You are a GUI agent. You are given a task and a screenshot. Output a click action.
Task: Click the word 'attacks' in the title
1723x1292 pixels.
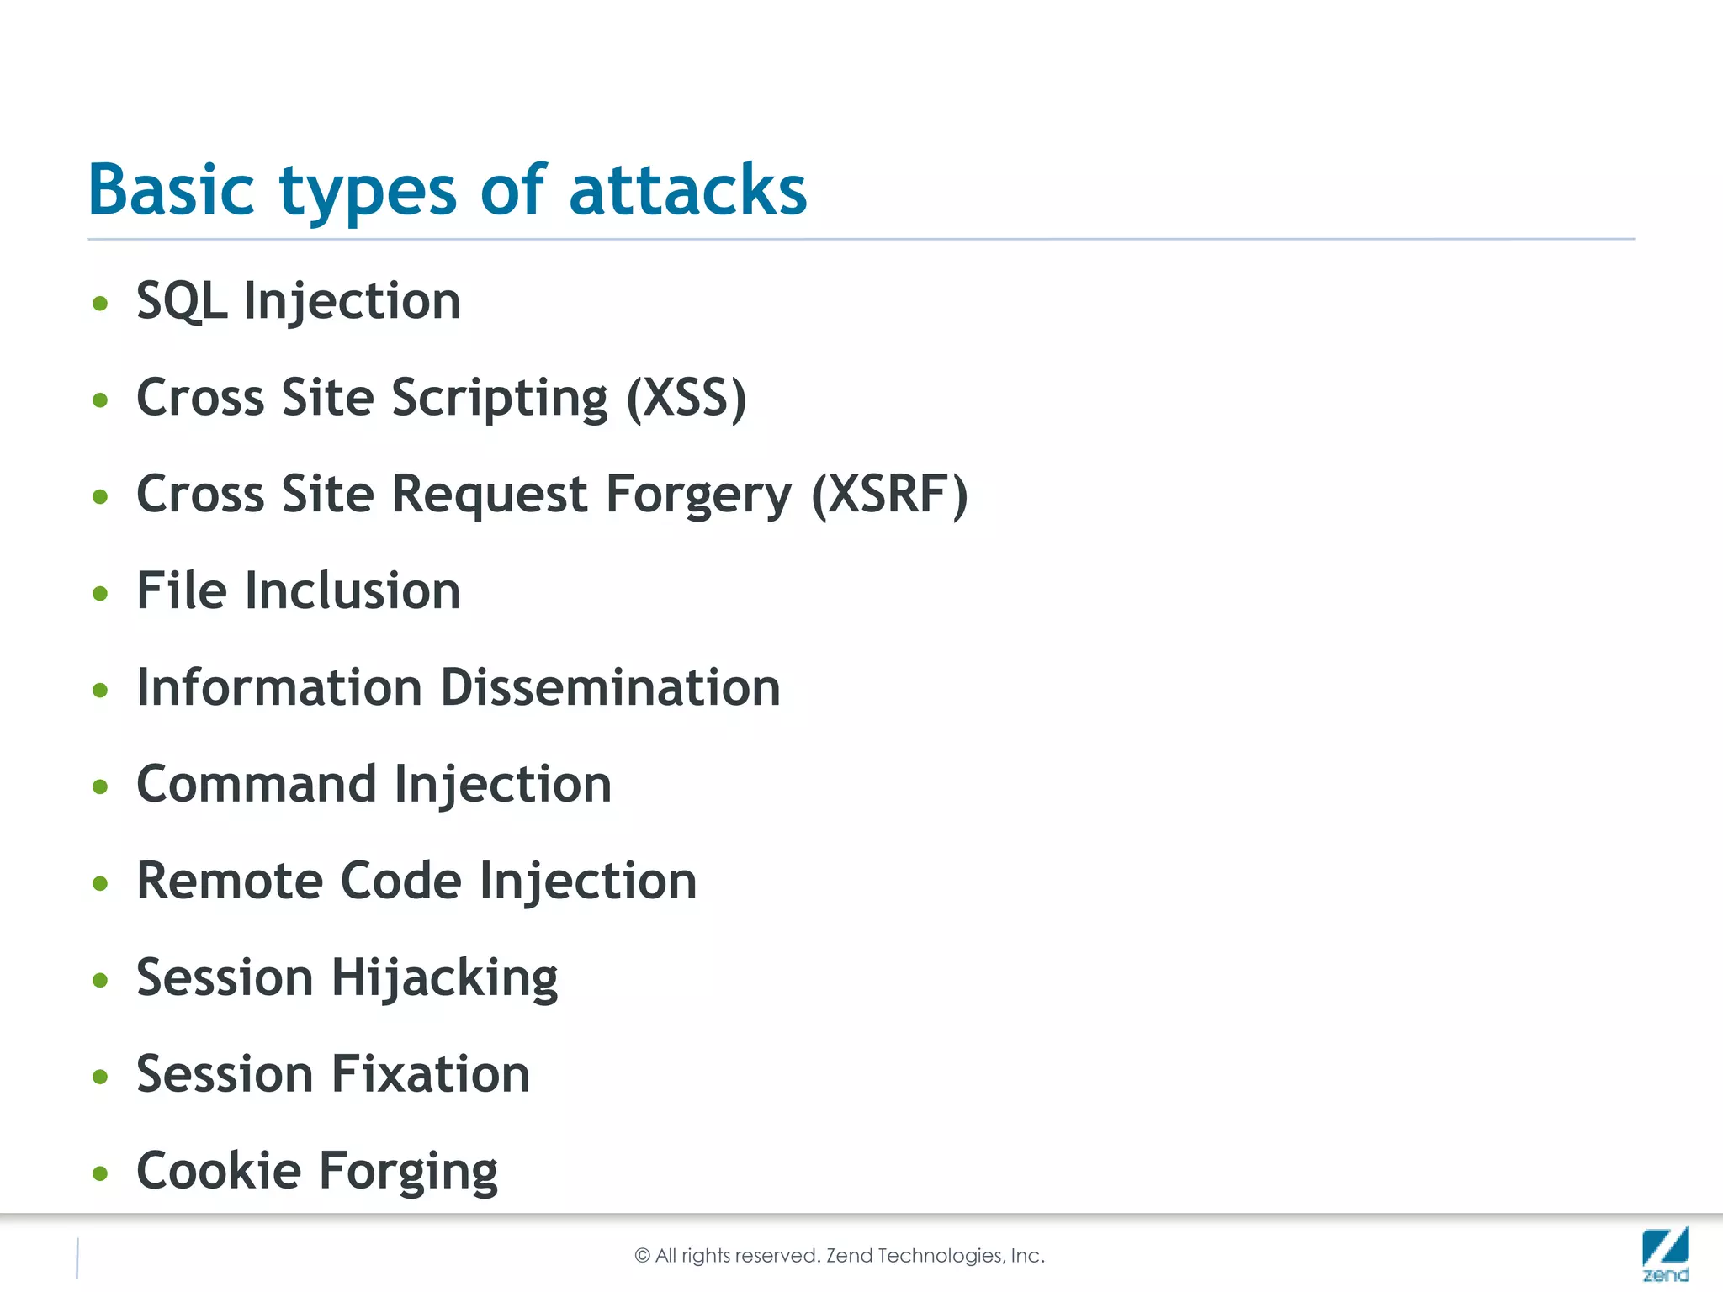(x=687, y=190)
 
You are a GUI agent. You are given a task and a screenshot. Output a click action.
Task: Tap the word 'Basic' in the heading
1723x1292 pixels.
(x=171, y=190)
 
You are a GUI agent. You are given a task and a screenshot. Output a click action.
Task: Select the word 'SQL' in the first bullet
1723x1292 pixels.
(x=182, y=301)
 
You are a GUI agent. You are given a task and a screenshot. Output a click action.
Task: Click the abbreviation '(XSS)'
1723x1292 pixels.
(x=687, y=398)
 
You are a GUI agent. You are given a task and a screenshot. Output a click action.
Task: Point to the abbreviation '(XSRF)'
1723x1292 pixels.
(x=890, y=495)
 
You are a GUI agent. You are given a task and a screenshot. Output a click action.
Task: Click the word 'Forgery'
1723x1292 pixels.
(x=698, y=495)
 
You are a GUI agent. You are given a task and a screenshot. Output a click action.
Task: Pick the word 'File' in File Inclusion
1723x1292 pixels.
(x=182, y=590)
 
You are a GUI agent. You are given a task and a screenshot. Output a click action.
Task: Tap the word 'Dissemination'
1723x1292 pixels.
(x=611, y=688)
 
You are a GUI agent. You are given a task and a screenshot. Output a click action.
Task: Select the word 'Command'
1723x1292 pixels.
(x=256, y=784)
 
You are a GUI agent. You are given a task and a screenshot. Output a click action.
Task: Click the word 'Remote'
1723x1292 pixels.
(x=230, y=881)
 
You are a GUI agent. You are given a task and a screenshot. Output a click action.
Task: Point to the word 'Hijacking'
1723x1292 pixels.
(x=444, y=978)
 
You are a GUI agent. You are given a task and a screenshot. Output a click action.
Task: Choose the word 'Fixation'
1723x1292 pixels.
(x=431, y=1074)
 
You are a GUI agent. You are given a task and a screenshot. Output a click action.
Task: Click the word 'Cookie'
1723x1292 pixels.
(x=219, y=1171)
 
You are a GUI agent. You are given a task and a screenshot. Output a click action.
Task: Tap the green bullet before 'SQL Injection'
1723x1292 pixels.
(x=101, y=304)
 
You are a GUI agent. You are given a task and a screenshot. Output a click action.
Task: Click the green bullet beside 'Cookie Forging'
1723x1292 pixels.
(x=101, y=1173)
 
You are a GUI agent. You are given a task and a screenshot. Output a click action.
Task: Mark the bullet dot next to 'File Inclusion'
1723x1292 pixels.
(x=101, y=594)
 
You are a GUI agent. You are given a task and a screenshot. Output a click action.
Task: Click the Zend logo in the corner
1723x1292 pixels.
(x=1665, y=1253)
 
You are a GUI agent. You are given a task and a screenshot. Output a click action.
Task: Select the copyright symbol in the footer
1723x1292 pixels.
(x=642, y=1256)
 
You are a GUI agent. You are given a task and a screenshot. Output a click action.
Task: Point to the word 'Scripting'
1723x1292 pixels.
(x=500, y=398)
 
